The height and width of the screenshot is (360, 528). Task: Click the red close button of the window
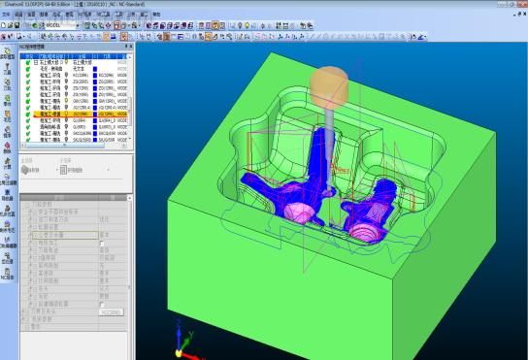pyautogui.click(x=520, y=4)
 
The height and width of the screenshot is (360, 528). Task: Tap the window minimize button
pyautogui.click(x=498, y=4)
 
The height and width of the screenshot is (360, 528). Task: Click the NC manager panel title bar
pyautogui.click(x=58, y=46)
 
